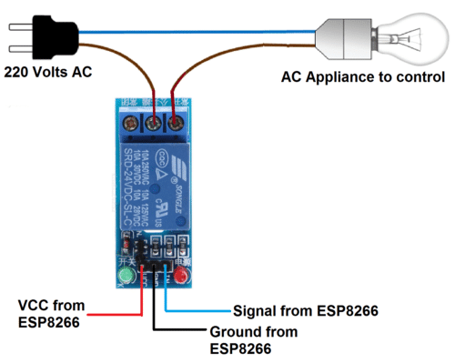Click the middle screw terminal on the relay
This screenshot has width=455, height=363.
click(x=153, y=119)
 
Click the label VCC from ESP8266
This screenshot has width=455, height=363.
click(x=54, y=311)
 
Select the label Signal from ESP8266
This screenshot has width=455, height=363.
click(x=305, y=310)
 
